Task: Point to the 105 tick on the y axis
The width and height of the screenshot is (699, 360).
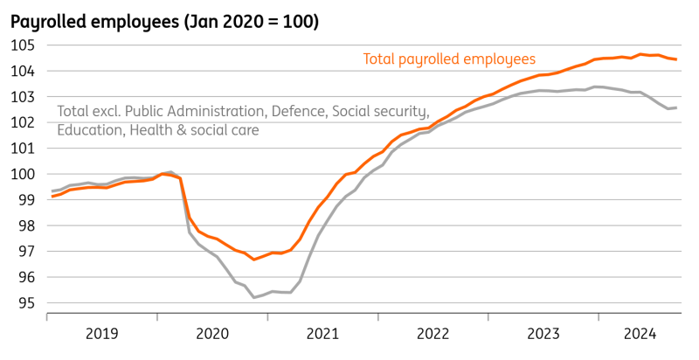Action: (x=24, y=45)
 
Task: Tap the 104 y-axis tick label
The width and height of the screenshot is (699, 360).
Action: (x=24, y=71)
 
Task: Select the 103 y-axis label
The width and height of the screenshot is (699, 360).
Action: (x=24, y=97)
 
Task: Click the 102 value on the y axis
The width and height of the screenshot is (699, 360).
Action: (x=24, y=122)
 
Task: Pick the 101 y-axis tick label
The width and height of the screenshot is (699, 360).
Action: (x=24, y=149)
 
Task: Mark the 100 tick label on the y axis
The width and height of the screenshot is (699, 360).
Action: (x=24, y=174)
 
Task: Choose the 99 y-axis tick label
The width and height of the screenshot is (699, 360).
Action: (x=27, y=200)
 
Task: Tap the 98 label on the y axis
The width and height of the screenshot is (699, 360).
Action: (x=27, y=225)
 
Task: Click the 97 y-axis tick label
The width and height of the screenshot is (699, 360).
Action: (x=27, y=252)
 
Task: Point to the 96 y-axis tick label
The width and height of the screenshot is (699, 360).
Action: (x=27, y=278)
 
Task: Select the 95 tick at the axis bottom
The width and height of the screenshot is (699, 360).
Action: (x=27, y=303)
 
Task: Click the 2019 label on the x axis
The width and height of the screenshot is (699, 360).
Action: (x=102, y=333)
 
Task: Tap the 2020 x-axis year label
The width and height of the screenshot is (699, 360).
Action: (x=212, y=333)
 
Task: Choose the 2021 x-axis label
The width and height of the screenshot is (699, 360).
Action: (x=322, y=333)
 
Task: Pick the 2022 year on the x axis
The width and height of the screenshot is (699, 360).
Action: (x=433, y=333)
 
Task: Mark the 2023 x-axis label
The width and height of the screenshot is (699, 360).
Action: (x=543, y=333)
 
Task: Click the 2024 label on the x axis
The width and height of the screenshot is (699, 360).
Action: (x=640, y=333)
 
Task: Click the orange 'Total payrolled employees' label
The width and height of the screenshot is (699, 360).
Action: (x=449, y=59)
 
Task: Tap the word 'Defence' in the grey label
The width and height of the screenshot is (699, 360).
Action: (x=299, y=112)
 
